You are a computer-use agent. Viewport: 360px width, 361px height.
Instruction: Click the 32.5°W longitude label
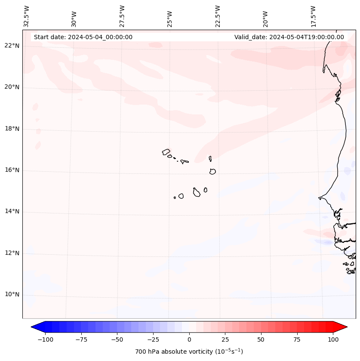pos(27,16)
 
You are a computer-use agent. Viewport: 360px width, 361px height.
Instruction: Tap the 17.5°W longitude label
pos(313,16)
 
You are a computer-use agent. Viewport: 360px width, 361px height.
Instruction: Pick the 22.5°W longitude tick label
pos(218,16)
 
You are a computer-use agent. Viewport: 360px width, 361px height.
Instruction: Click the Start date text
pos(83,37)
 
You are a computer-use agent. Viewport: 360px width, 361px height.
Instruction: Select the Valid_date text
pos(289,37)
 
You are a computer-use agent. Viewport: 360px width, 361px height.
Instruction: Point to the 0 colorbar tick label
pos(189,339)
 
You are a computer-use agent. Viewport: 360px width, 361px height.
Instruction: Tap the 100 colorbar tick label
pos(333,339)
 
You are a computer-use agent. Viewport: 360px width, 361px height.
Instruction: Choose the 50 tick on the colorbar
pos(261,339)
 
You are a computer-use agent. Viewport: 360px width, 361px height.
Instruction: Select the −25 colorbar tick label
pos(153,339)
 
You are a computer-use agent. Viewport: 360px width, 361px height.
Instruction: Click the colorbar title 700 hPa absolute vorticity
pos(189,352)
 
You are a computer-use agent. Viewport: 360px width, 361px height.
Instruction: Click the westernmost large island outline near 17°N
pos(166,152)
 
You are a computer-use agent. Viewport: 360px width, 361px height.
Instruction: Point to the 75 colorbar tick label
pos(297,339)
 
